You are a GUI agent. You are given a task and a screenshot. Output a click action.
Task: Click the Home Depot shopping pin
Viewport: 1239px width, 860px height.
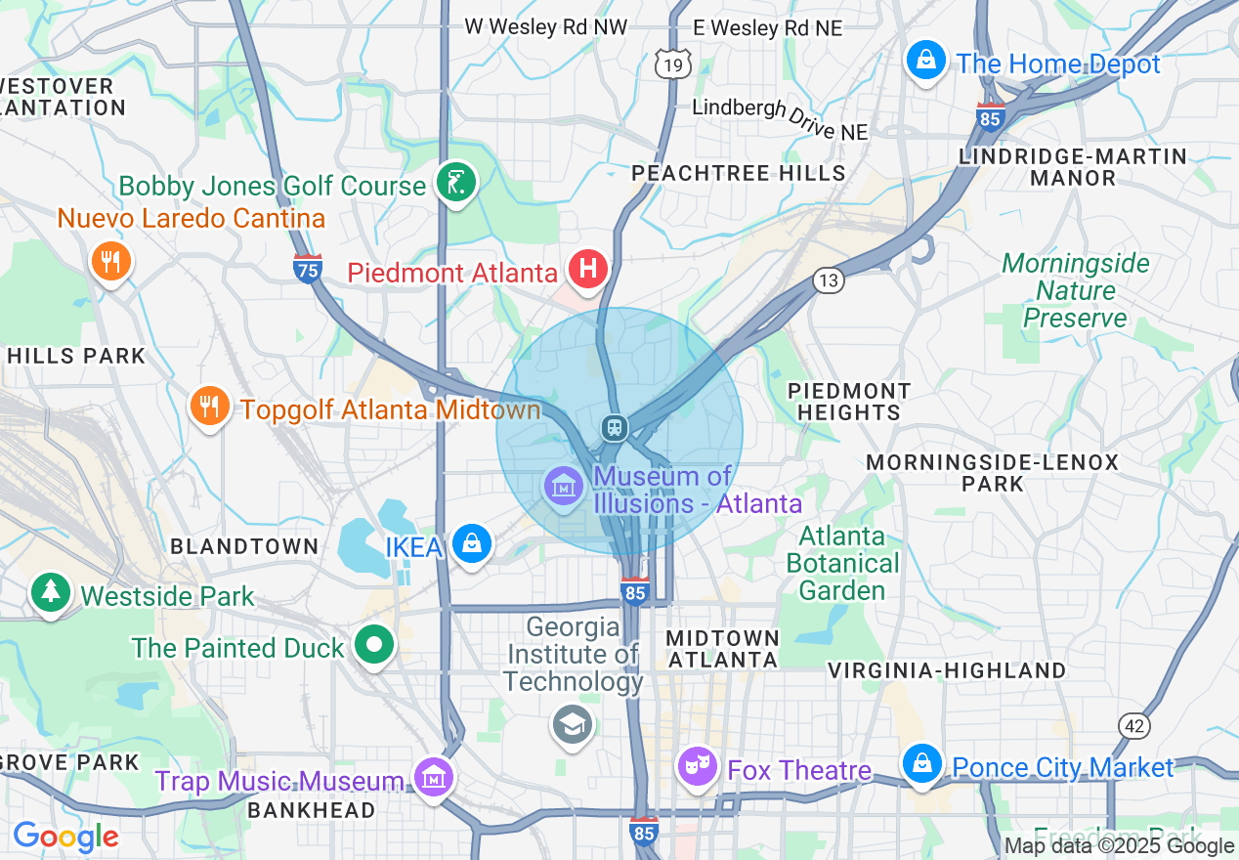[925, 62]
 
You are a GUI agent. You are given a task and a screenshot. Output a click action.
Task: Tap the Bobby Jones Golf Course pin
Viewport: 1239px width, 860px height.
[454, 182]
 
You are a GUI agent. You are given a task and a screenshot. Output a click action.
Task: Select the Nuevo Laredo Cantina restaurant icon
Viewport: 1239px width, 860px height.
[111, 261]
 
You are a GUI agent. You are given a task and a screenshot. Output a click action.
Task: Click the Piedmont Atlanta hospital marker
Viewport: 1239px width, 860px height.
[588, 269]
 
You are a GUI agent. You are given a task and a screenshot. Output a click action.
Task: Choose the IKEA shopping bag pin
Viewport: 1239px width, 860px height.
[472, 543]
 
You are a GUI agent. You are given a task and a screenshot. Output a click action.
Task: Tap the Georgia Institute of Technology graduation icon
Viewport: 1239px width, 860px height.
[572, 724]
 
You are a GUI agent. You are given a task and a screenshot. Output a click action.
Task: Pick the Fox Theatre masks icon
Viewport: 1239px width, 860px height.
[697, 766]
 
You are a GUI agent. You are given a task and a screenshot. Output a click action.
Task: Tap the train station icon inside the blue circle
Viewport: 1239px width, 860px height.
[614, 428]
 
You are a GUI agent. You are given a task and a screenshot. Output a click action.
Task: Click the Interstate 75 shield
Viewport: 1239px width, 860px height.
[308, 268]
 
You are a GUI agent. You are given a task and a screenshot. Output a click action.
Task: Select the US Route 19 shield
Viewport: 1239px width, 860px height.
[673, 64]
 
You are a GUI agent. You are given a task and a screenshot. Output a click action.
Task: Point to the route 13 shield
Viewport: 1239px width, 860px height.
[828, 281]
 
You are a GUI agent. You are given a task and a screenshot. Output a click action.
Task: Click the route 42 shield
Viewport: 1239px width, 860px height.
[1134, 726]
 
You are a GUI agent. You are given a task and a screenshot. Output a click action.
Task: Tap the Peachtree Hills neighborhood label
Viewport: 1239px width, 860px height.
[738, 173]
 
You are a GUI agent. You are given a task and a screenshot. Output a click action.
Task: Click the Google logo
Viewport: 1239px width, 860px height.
[65, 837]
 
